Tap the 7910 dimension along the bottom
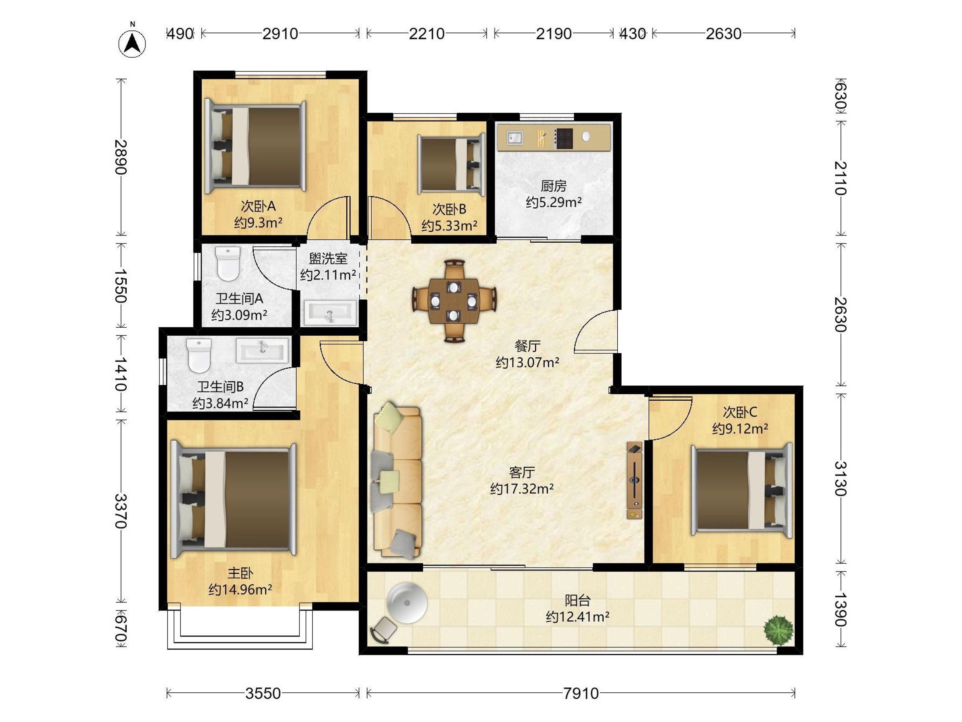[x=581, y=693]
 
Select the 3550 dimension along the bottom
[x=263, y=693]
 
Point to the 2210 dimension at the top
[x=426, y=34]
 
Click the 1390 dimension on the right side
[x=841, y=609]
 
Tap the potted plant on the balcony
[x=778, y=631]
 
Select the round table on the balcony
[x=407, y=603]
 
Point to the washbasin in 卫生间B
[x=262, y=350]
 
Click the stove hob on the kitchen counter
[x=564, y=138]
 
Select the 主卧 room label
[x=240, y=573]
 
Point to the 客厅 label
[x=522, y=472]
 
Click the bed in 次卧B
[x=451, y=164]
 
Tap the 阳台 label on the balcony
[x=578, y=600]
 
